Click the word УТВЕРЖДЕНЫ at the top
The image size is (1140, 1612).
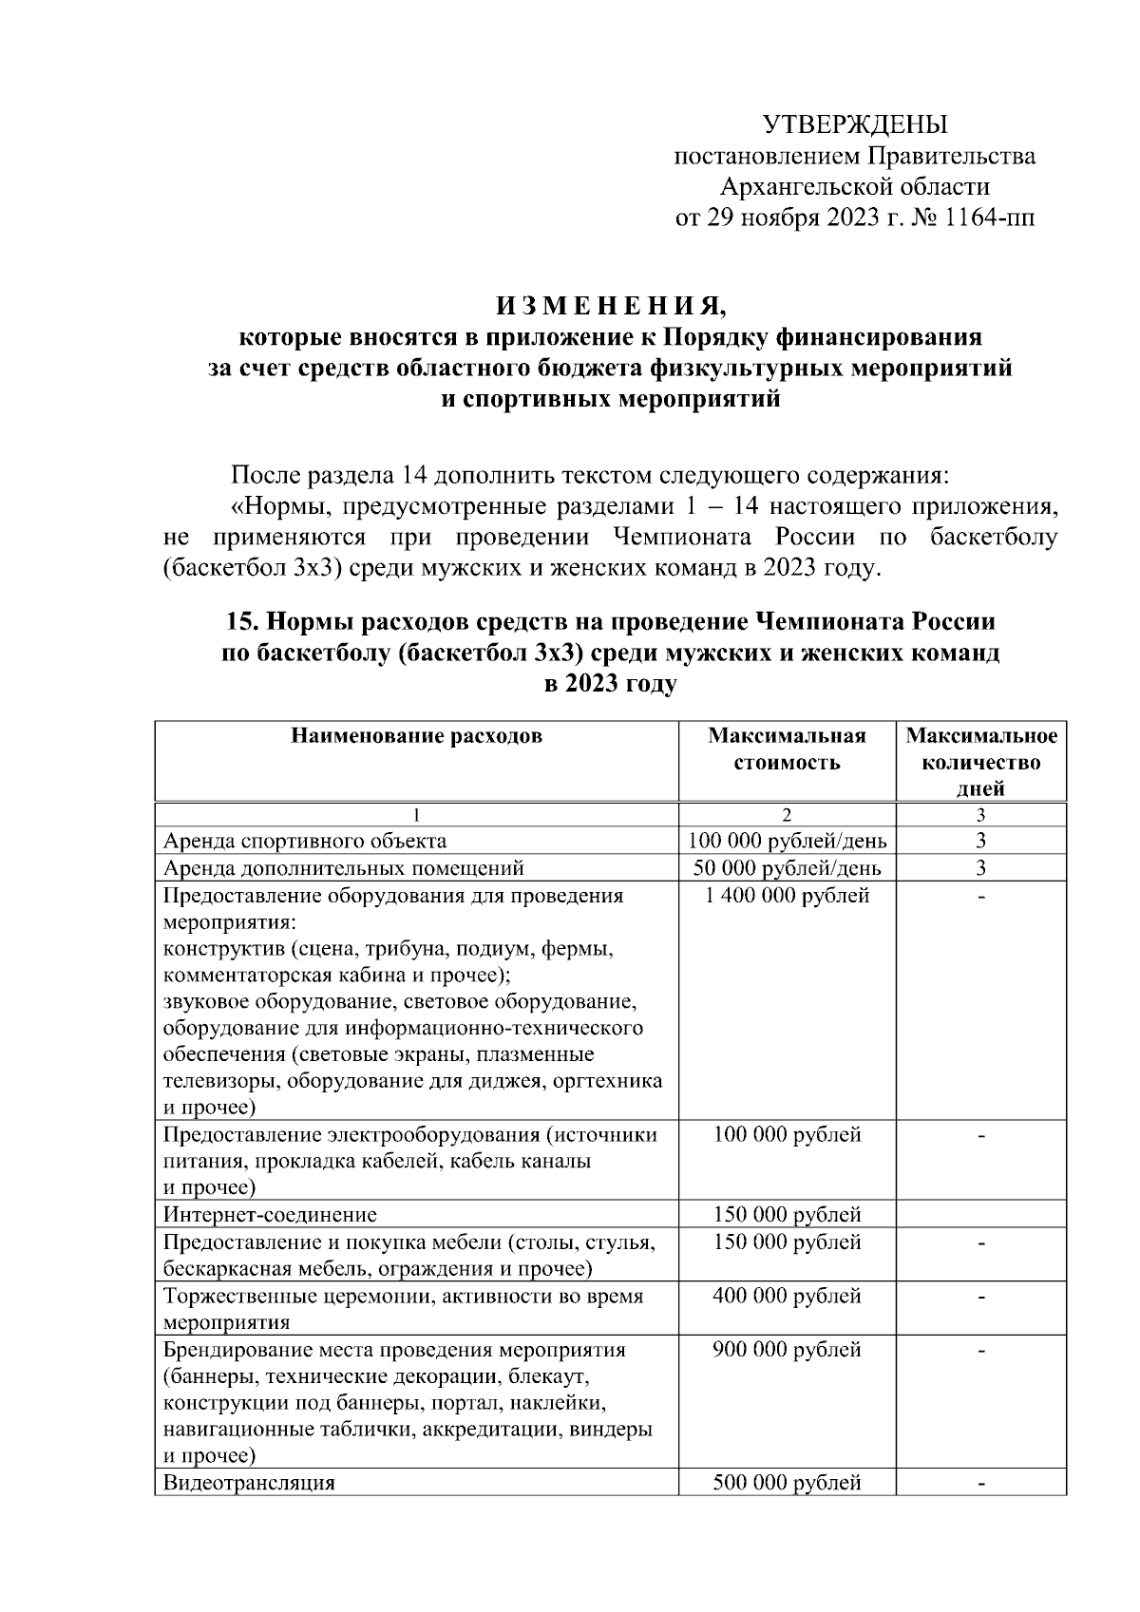pyautogui.click(x=855, y=124)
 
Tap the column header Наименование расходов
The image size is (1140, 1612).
pyautogui.click(x=416, y=735)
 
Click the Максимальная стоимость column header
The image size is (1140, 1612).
pyautogui.click(x=787, y=749)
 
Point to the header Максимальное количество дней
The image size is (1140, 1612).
pyautogui.click(x=980, y=762)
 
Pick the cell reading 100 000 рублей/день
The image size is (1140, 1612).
pyautogui.click(x=787, y=841)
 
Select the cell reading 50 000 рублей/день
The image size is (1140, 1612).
pyautogui.click(x=787, y=868)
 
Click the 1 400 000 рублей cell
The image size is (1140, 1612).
pyautogui.click(x=787, y=895)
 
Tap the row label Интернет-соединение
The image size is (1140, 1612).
pyautogui.click(x=270, y=1214)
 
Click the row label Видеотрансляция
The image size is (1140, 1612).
pyautogui.click(x=249, y=1482)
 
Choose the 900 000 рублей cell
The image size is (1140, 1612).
pyautogui.click(x=787, y=1350)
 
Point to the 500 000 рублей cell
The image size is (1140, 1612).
pyautogui.click(x=787, y=1482)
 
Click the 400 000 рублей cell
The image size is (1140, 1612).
pyautogui.click(x=787, y=1296)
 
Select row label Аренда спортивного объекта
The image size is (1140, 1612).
pyautogui.click(x=305, y=841)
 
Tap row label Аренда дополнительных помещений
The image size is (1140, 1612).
pyautogui.click(x=343, y=868)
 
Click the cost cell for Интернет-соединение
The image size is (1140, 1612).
pyautogui.click(x=787, y=1214)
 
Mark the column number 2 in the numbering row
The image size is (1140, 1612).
pyautogui.click(x=787, y=814)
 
